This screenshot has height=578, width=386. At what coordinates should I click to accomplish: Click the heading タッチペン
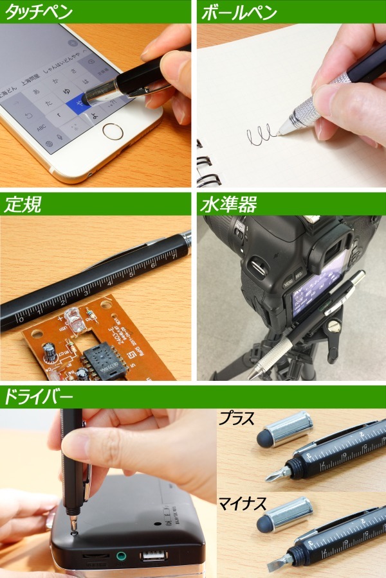click(x=39, y=12)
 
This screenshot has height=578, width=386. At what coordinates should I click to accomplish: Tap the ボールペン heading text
click(x=239, y=12)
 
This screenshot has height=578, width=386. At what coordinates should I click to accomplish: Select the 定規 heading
click(x=24, y=204)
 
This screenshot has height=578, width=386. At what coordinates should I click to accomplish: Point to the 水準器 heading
click(x=228, y=204)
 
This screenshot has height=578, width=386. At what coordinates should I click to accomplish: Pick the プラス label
click(x=237, y=419)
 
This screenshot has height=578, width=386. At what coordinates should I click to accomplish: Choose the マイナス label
click(x=243, y=503)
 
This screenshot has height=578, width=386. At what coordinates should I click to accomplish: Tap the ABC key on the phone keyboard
click(x=41, y=128)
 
